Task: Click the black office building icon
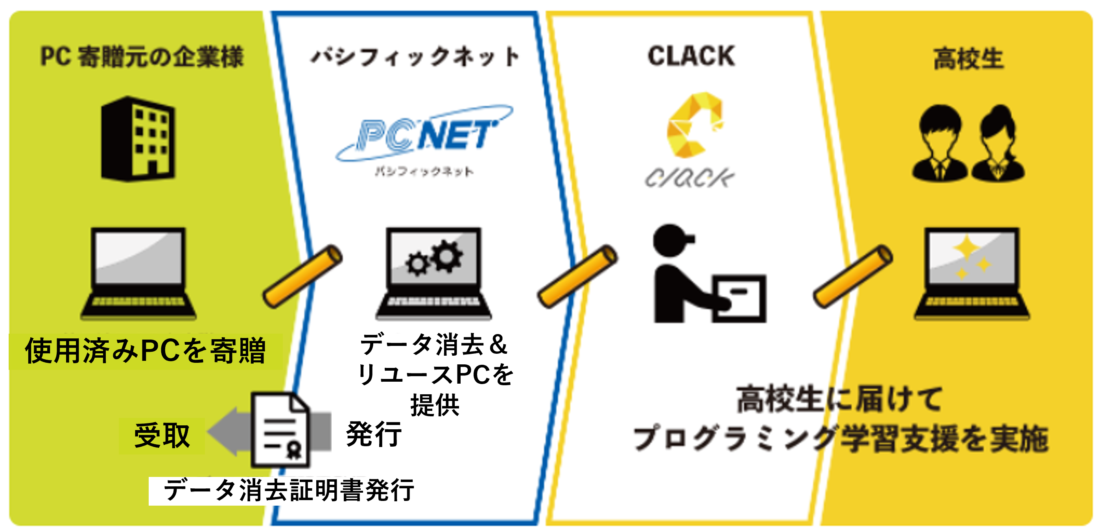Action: [x=138, y=139]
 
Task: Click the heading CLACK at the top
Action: [x=691, y=56]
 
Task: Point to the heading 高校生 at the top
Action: [x=968, y=59]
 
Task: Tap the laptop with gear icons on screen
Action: [x=433, y=273]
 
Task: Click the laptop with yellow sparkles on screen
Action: [x=972, y=273]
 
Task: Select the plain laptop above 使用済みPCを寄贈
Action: [x=139, y=273]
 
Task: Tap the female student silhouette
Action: [x=998, y=143]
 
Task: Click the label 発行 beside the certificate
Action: [x=374, y=434]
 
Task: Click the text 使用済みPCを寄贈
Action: [x=146, y=351]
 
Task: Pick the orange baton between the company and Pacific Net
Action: [x=302, y=276]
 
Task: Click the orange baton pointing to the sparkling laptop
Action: [x=852, y=276]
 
